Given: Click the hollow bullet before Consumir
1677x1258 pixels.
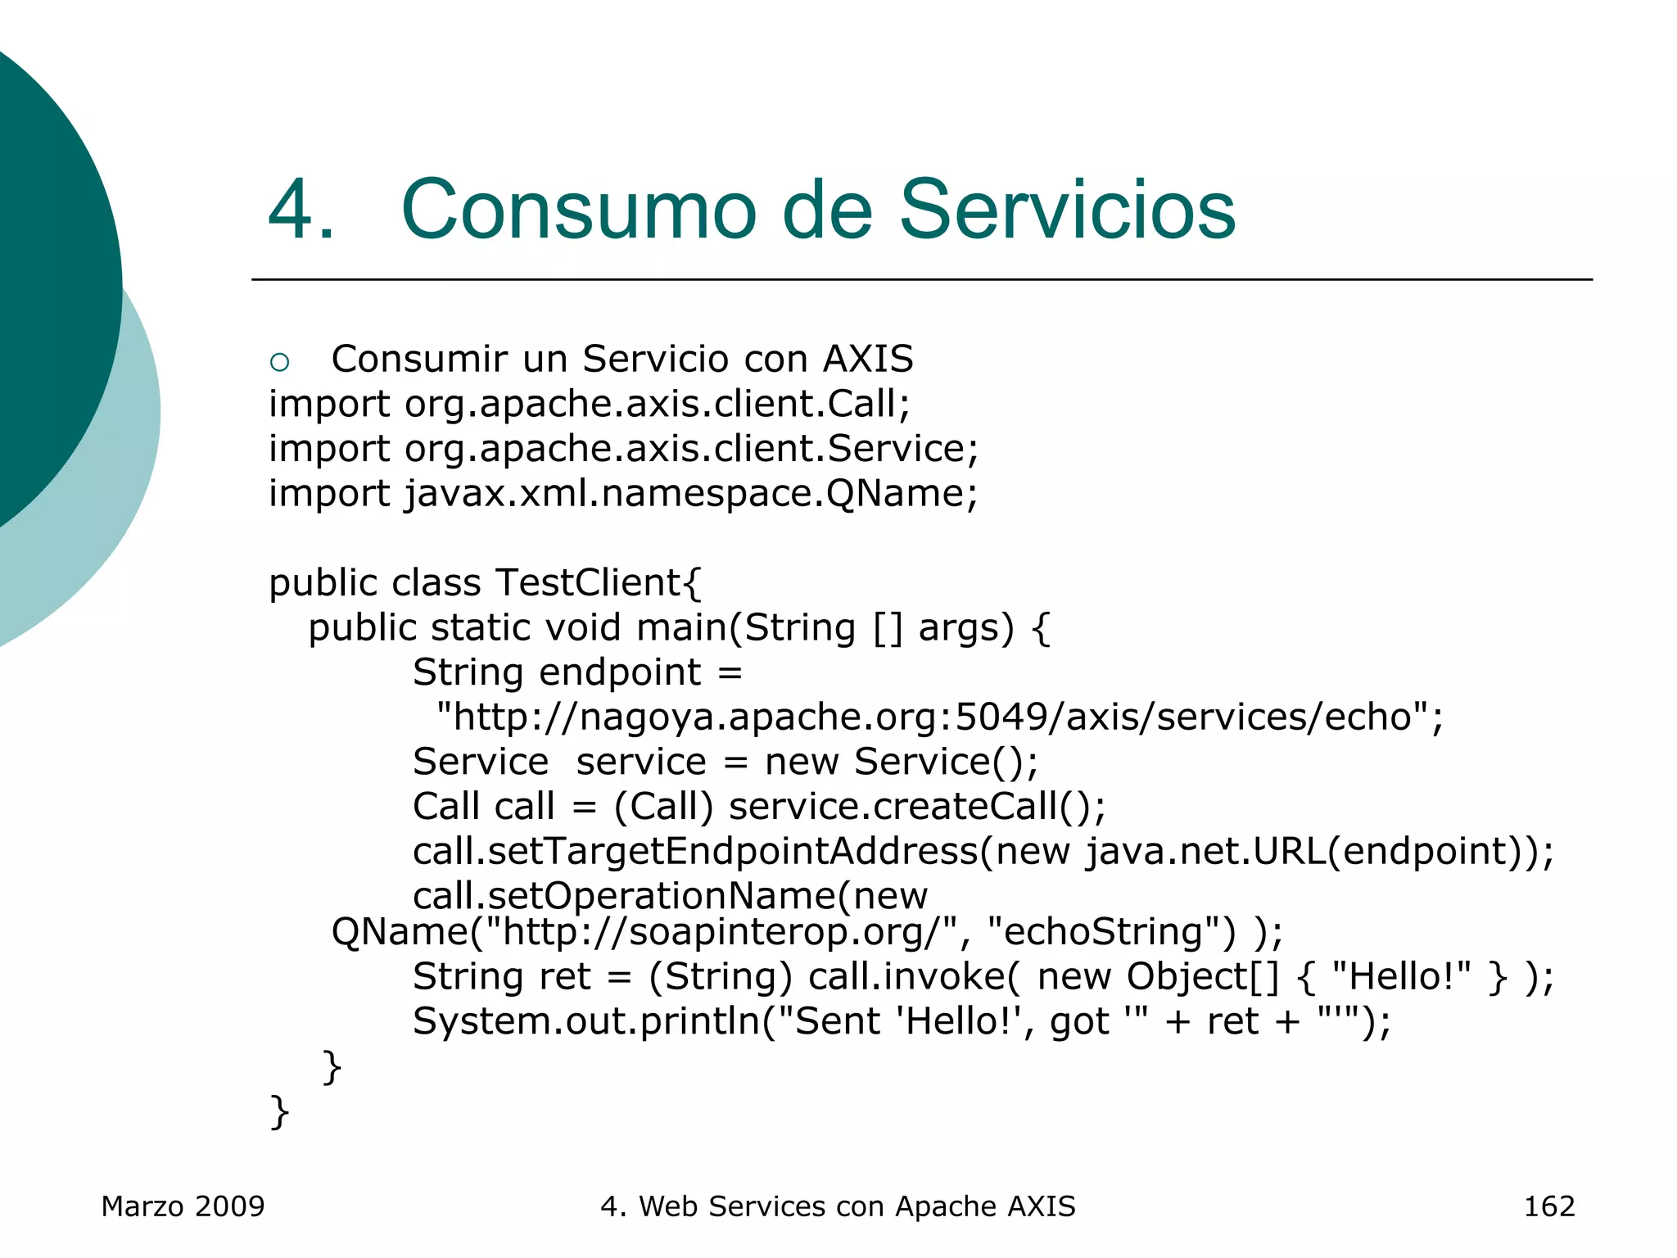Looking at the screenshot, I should click(279, 361).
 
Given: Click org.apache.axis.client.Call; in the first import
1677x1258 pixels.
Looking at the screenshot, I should click(657, 405).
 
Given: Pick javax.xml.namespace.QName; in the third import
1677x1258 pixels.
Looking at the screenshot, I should click(691, 494).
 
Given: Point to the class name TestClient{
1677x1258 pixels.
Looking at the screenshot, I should click(599, 583).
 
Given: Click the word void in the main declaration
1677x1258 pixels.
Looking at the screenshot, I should click(582, 628).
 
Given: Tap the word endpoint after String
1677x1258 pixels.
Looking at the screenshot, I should click(620, 672).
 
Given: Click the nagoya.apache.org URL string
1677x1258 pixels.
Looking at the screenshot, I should click(939, 717).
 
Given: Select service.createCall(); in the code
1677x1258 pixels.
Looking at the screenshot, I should click(917, 807).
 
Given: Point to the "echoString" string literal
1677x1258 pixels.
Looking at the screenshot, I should click(1111, 932).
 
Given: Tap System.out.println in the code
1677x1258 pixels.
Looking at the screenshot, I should click(586, 1022).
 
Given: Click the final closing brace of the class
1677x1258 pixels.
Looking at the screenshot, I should click(279, 1112).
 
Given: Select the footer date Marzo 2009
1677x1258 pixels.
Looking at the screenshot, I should click(183, 1206).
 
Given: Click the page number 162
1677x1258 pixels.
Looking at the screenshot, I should click(1548, 1206).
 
